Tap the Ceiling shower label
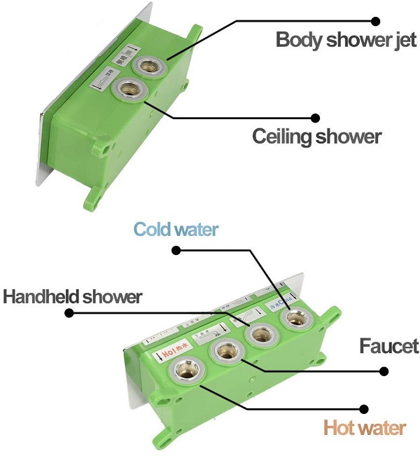tap(316, 135)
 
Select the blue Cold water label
tap(176, 230)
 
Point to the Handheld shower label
tap(71, 296)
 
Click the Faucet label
tap(388, 345)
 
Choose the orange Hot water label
tap(364, 427)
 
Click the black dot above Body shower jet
tap(375, 21)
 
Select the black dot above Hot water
tap(364, 408)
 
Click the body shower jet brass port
tap(148, 67)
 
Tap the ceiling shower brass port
tap(129, 88)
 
